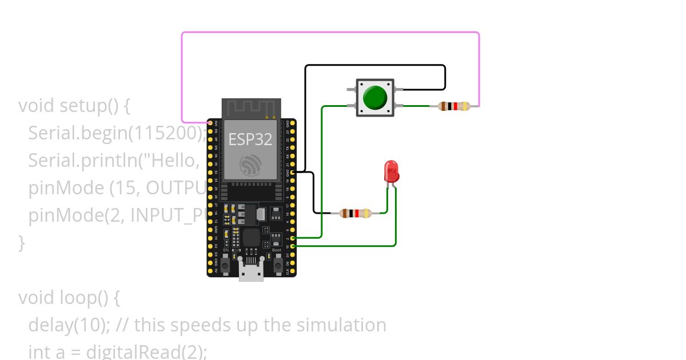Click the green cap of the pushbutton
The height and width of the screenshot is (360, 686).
pyautogui.click(x=375, y=98)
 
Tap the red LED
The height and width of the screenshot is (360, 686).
pyautogui.click(x=391, y=171)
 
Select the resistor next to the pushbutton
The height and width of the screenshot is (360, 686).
pyautogui.click(x=454, y=106)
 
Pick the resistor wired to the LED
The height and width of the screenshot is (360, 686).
pyautogui.click(x=355, y=213)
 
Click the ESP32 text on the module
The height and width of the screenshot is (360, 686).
pyautogui.click(x=250, y=139)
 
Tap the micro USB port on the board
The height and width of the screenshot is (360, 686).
pyautogui.click(x=252, y=273)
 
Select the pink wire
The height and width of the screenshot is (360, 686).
pyautogui.click(x=330, y=33)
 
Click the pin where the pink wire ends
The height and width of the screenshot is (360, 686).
pyautogui.click(x=210, y=123)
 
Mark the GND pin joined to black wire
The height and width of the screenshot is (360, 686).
pyautogui.click(x=293, y=171)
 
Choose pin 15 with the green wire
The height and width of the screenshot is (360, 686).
pyautogui.click(x=293, y=246)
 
